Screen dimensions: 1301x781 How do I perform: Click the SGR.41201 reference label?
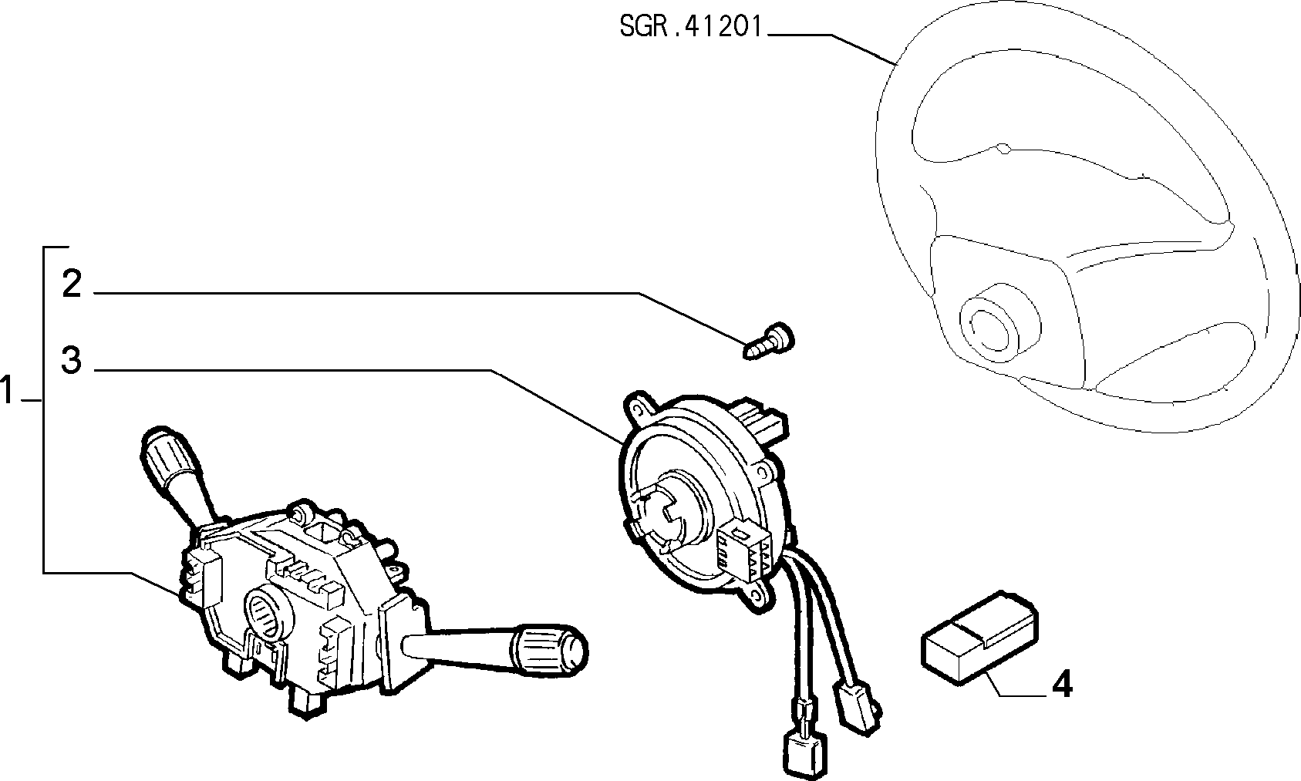(x=690, y=26)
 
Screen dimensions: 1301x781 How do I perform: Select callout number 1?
(x=7, y=389)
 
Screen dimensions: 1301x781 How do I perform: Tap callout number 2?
(x=72, y=284)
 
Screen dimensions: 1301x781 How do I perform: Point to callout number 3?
(x=72, y=360)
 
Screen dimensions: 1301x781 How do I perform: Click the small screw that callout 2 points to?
(x=769, y=342)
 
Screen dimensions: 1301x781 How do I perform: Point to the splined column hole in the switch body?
(x=269, y=613)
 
